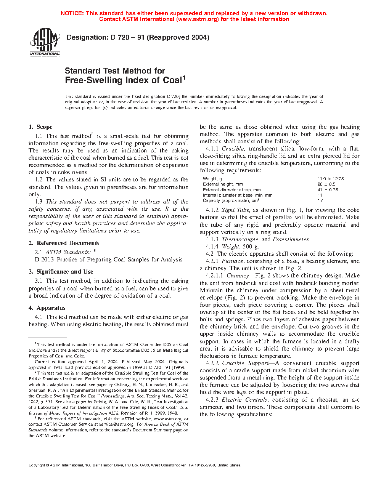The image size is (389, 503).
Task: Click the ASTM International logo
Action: point(45,42)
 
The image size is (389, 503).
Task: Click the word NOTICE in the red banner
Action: point(72,13)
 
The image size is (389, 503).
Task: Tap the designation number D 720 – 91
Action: point(127,37)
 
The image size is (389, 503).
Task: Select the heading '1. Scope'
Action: point(40,127)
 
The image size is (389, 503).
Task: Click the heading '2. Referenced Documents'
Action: point(64,243)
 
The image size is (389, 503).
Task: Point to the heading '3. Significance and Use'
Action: point(61,272)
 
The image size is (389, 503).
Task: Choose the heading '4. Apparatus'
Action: point(47,308)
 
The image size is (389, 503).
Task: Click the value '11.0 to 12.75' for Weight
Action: point(331,179)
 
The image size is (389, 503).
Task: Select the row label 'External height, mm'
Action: point(223,184)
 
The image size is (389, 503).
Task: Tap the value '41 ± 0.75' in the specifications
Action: point(328,190)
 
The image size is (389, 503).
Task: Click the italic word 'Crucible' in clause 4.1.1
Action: point(233,149)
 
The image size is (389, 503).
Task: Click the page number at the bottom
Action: point(194,484)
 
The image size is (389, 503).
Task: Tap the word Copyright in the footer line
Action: point(37,465)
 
